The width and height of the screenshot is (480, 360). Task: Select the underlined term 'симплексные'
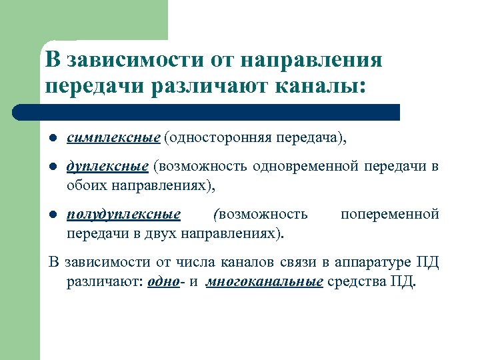[x=113, y=137]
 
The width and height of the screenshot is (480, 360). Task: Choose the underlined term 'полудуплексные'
[x=124, y=214]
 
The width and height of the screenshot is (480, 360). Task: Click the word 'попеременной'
[x=389, y=214]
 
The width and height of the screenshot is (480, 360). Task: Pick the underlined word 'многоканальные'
[x=265, y=281]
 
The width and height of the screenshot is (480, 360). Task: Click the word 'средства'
[x=356, y=281]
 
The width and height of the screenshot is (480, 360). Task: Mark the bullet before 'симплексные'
[x=52, y=138]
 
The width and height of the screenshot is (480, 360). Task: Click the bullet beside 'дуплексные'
[x=52, y=166]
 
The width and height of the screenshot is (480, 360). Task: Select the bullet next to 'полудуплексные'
[x=52, y=215]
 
